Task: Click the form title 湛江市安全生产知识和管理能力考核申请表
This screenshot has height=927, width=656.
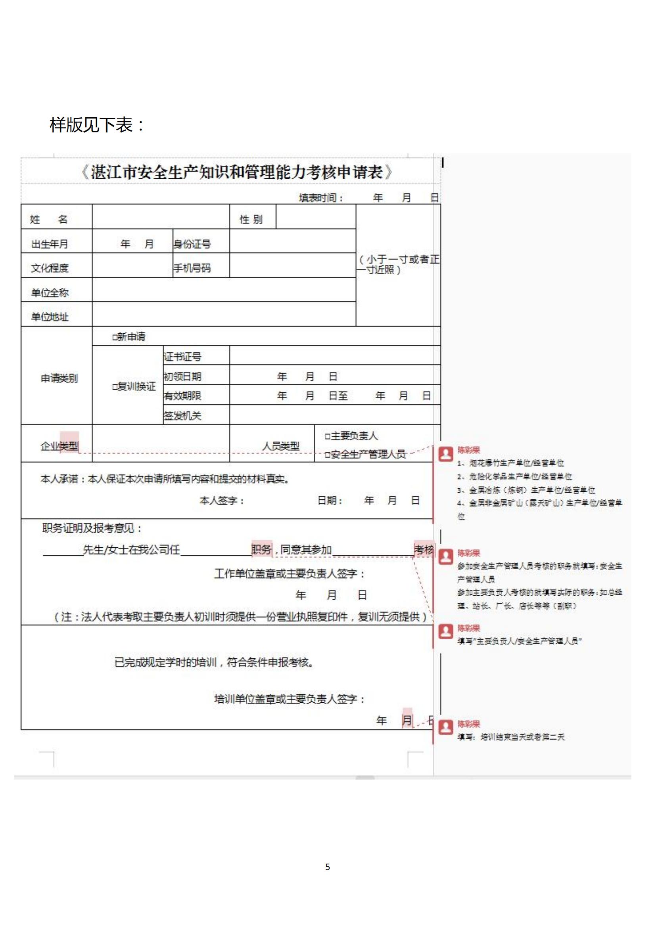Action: (x=237, y=172)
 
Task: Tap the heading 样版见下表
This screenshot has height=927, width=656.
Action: (x=96, y=125)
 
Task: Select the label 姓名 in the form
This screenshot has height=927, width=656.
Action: (x=48, y=219)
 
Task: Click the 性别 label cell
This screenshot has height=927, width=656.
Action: (x=251, y=219)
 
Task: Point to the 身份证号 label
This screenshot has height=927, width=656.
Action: (x=192, y=244)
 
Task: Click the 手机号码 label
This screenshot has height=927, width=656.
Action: (x=192, y=268)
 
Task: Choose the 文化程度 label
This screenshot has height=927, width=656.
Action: (x=50, y=268)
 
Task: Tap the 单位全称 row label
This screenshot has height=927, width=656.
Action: (x=50, y=293)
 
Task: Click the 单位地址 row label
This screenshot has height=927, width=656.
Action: (x=50, y=317)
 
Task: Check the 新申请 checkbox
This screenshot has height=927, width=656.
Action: (x=115, y=337)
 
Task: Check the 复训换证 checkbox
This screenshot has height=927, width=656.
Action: (x=115, y=387)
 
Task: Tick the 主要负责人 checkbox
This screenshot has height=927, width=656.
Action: (x=328, y=436)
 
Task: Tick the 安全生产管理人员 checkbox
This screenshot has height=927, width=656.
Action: (x=328, y=455)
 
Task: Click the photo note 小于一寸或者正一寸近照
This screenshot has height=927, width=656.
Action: (x=398, y=264)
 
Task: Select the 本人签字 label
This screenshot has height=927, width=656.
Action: (x=222, y=501)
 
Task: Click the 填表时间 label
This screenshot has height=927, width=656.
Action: (x=321, y=198)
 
